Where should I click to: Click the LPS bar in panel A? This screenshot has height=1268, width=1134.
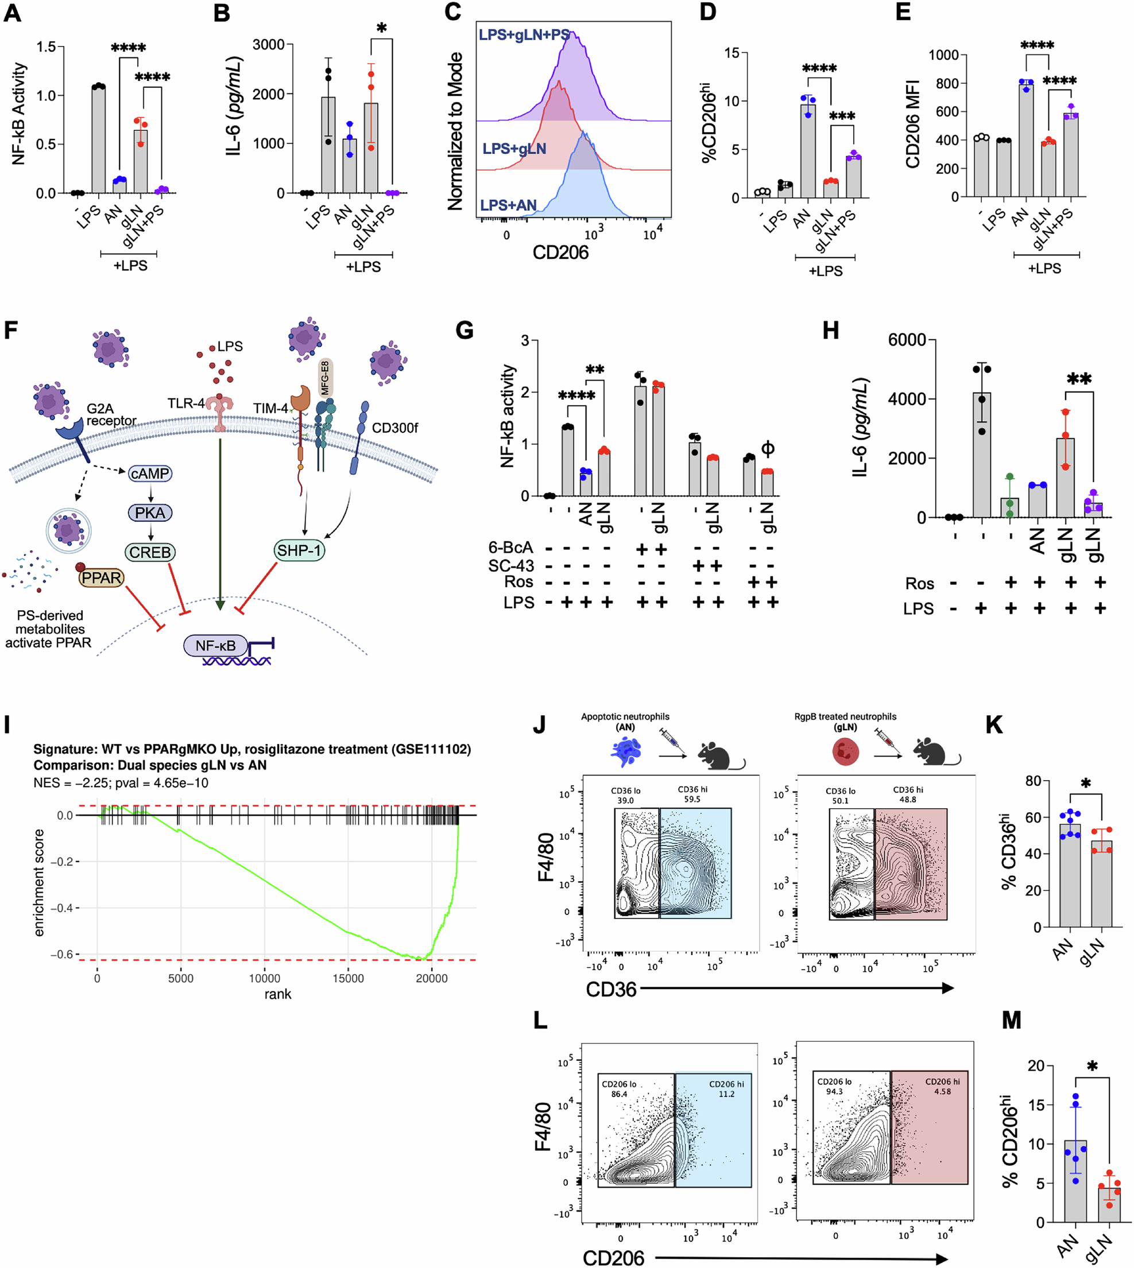98,139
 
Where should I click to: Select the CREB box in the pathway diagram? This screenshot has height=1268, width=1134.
150,552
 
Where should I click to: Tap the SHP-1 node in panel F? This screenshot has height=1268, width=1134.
299,550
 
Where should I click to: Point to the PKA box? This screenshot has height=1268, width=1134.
150,513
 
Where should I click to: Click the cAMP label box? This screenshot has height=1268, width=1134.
150,474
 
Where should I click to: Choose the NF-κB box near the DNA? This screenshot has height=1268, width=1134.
215,646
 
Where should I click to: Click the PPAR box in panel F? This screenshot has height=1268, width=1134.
102,578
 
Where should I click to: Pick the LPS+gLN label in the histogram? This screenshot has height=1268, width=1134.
514,149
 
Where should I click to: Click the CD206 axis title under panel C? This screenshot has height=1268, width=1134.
560,252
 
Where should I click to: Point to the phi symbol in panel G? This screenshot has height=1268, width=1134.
768,448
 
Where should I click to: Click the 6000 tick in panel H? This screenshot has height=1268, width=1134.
907,340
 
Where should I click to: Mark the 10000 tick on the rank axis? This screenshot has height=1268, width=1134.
264,978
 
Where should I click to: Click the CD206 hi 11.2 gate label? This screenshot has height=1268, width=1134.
726,1089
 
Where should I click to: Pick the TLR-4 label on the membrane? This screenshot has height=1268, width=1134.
185,404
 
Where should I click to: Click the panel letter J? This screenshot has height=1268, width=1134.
540,725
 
